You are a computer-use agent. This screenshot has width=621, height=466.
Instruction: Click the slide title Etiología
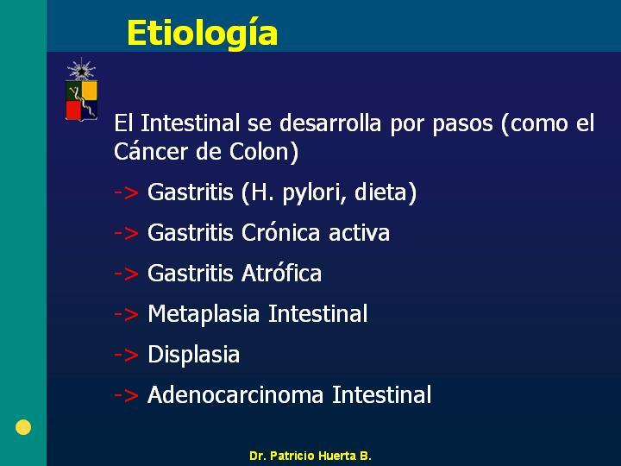point(202,34)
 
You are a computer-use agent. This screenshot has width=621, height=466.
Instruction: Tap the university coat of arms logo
point(81,89)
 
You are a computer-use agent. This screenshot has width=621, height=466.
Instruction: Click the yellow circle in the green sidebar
point(23,427)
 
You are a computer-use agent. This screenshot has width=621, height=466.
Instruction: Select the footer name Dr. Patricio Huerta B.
point(310,456)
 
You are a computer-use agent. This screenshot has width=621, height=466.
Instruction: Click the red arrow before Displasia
point(126,355)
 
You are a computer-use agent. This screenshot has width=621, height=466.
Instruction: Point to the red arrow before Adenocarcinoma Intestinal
point(126,395)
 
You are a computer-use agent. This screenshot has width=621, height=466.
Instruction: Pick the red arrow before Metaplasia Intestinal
point(126,314)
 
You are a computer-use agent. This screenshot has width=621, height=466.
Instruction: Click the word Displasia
point(194,354)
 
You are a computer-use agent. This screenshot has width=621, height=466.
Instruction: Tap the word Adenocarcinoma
point(235,394)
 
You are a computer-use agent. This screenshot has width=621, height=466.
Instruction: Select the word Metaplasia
point(204,314)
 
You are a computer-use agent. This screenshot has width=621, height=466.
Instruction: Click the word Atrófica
point(281,273)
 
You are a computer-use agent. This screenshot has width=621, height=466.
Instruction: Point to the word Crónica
point(281,232)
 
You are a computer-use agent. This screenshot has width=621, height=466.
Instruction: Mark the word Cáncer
point(150,151)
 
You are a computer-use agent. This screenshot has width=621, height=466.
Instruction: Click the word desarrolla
point(330,123)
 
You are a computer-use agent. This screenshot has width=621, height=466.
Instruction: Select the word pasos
point(462,125)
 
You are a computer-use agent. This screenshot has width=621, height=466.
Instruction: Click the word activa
point(359,233)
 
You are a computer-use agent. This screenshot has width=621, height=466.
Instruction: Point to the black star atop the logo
point(81,72)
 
